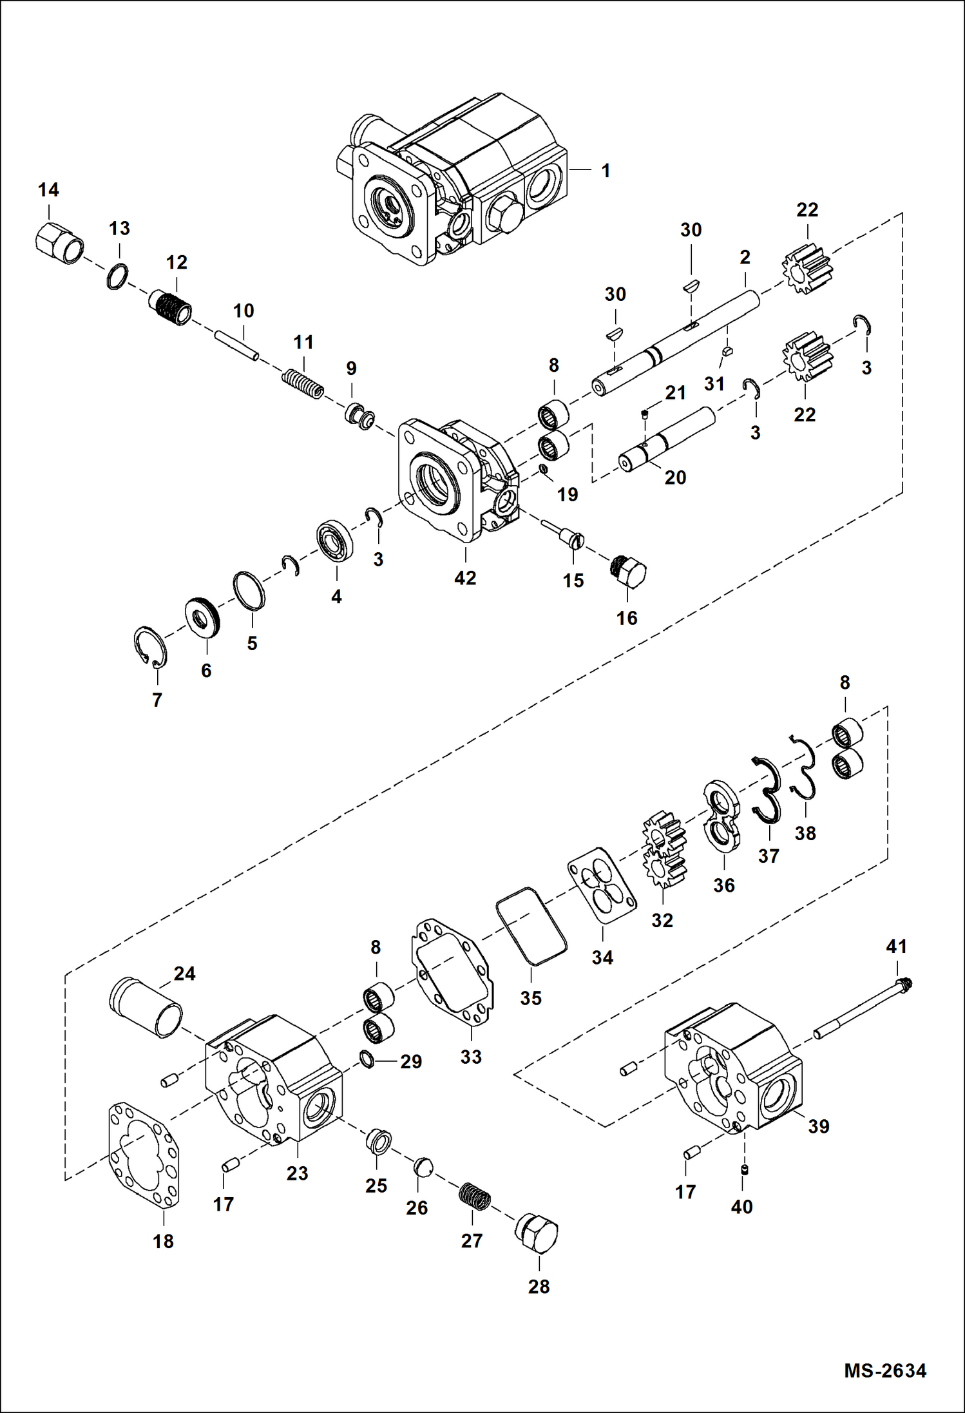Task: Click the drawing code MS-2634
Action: click(884, 1370)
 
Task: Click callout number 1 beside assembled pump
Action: click(606, 171)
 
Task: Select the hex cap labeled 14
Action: click(58, 244)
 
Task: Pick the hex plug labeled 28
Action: click(537, 1234)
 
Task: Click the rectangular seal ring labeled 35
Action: click(531, 925)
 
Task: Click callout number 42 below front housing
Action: click(465, 578)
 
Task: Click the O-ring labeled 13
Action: click(117, 276)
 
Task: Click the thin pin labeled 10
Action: click(238, 345)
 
